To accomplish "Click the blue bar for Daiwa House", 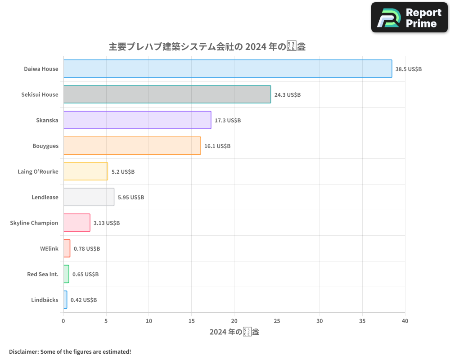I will (x=227, y=69).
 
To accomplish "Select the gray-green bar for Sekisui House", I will (x=167, y=94).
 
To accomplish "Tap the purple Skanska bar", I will (x=137, y=120).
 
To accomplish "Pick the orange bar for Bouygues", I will (x=132, y=146).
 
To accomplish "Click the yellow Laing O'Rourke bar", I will (x=85, y=171).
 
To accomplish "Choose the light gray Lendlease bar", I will (x=89, y=197).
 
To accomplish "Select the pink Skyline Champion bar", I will (x=76, y=223).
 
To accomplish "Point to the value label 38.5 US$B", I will (x=409, y=69).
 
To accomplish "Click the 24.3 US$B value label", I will (x=288, y=95).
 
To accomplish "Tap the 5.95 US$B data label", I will (x=131, y=197).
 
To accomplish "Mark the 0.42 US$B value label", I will (x=84, y=300).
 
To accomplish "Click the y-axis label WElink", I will (x=49, y=248).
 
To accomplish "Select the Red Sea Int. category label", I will (x=43, y=274).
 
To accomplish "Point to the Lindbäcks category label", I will (x=45, y=300).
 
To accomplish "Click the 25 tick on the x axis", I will (x=277, y=321).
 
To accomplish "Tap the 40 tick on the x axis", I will (x=405, y=321).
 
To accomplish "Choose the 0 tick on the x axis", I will (x=63, y=321).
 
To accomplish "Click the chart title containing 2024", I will (x=207, y=46).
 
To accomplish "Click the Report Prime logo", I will (x=409, y=18).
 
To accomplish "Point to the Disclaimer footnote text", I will (x=70, y=351).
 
